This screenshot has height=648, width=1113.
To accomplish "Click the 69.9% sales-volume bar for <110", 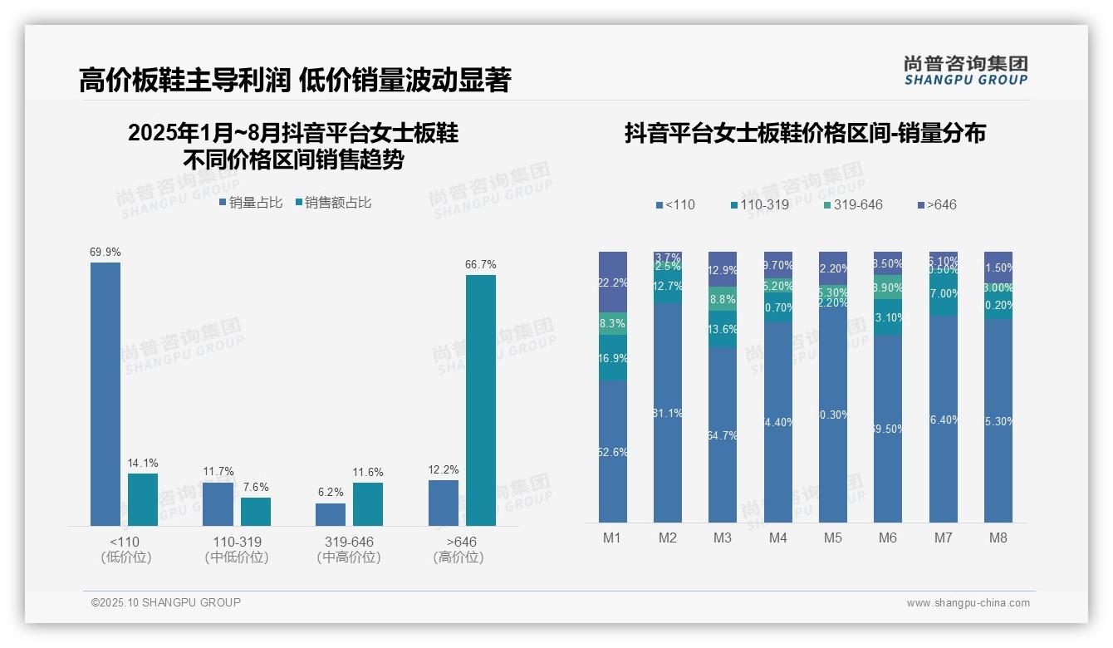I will coord(105,394).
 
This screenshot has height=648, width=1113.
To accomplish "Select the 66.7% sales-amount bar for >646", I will coord(480,400).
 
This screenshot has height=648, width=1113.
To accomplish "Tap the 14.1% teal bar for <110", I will coord(143,499).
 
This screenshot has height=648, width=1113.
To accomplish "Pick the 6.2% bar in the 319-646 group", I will coord(331,514).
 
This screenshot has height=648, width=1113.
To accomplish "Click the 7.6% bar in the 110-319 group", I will coord(256,511).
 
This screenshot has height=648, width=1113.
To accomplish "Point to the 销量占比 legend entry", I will coord(251,203).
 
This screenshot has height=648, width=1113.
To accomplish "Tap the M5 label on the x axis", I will coord(833,538).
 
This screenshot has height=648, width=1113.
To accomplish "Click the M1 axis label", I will coord(612,538).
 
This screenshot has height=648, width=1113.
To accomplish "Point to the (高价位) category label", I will coord(458,557).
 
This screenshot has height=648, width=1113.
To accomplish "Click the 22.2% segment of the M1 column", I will coord(613,282).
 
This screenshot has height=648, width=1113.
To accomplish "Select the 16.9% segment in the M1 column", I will coord(613,358).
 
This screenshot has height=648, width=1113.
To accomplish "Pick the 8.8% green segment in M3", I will coord(723,299).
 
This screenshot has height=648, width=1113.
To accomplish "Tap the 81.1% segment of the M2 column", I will coord(668,413).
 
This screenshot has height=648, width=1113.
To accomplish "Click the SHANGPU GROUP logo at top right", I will coord(965,71).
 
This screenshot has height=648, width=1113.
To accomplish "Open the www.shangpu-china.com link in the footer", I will coord(968,603).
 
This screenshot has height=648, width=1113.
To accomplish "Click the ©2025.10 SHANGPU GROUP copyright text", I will coord(166,602).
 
